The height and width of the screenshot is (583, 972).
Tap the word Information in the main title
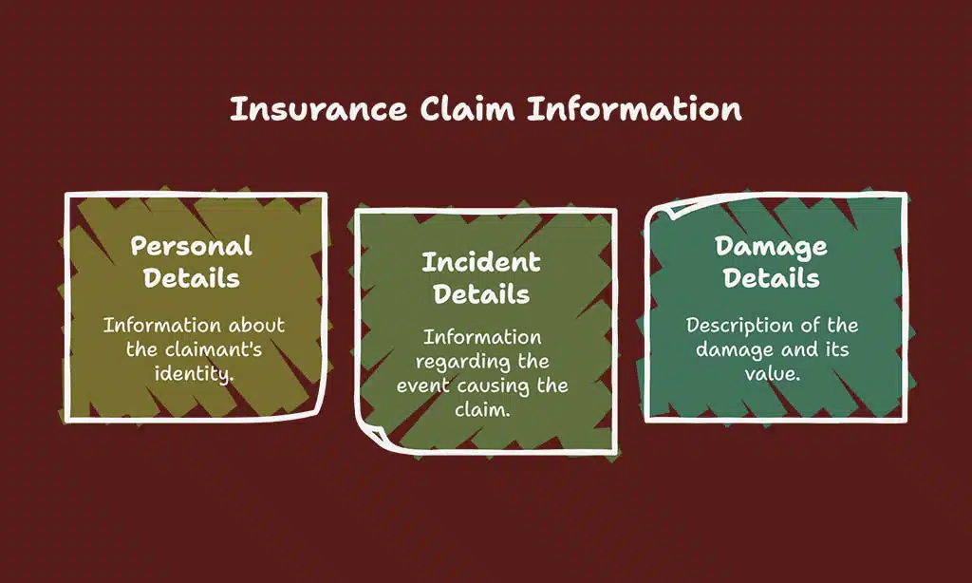[x=634, y=109]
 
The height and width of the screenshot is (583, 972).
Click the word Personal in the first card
[x=191, y=246]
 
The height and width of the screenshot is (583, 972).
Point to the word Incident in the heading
[x=480, y=262]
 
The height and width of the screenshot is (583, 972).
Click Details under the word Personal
[x=191, y=278]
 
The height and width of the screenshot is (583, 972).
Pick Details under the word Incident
[x=480, y=294]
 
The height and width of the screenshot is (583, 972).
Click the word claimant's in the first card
[x=211, y=348]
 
